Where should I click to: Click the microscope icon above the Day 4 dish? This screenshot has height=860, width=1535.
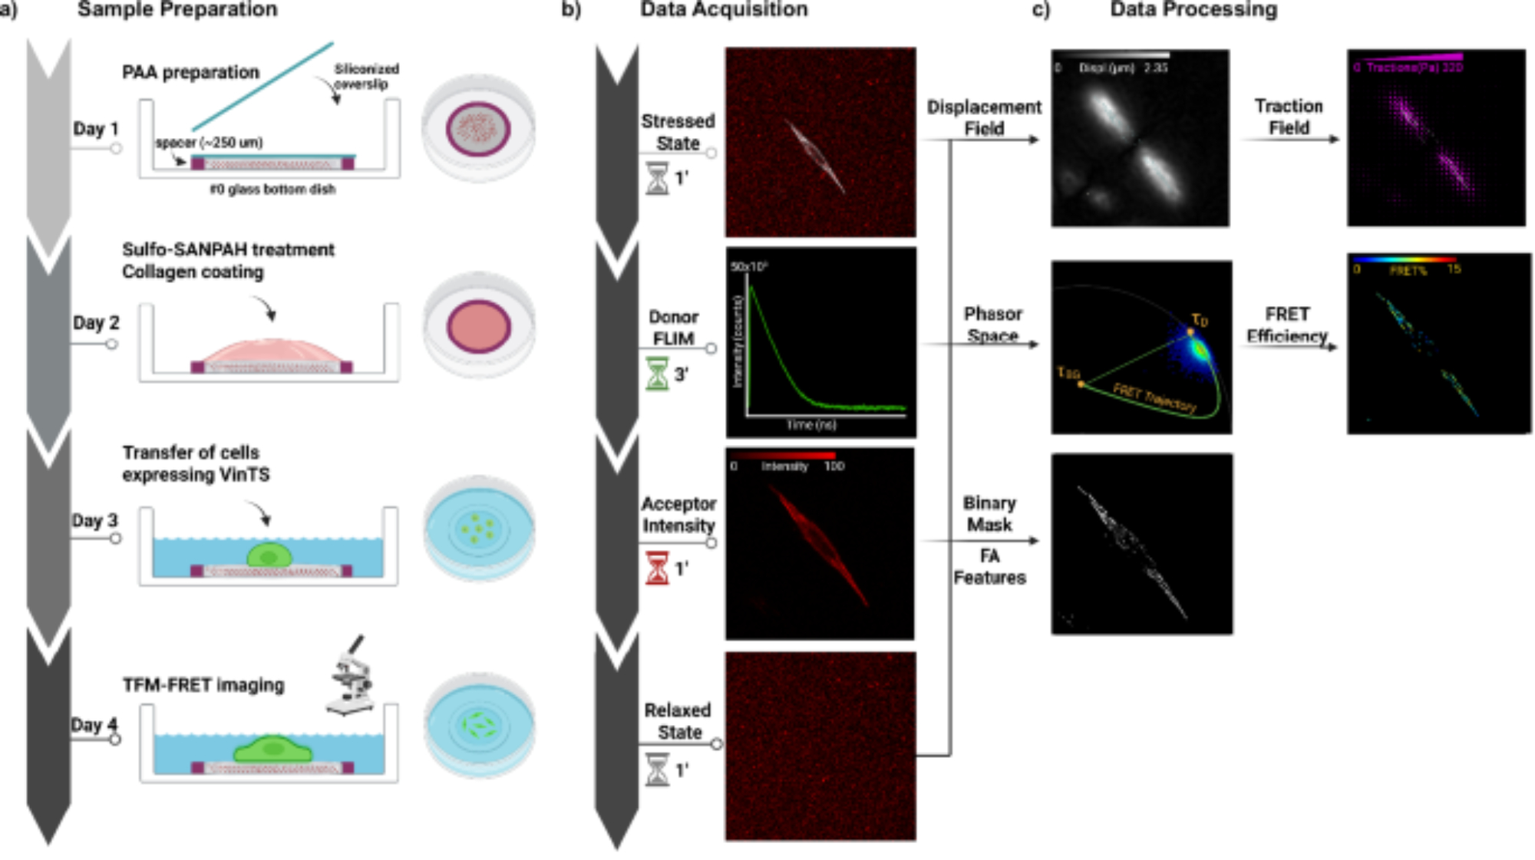coord(352,675)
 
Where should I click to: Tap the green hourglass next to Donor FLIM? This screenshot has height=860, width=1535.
coord(657,374)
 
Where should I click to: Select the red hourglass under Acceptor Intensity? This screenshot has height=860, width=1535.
coord(657,568)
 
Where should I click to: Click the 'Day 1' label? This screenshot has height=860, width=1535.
coord(95,129)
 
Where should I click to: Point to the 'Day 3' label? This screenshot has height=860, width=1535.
coord(94,520)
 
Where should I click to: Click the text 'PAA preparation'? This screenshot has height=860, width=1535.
coord(190,72)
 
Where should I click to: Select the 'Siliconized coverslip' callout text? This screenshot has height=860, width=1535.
coord(366,76)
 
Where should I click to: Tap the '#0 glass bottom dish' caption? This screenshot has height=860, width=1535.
coord(272,189)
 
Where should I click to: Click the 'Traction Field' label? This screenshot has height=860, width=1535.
coord(1289,117)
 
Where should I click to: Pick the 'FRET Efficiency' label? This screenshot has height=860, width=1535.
coord(1287,325)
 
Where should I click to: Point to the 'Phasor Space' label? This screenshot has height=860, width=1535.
coord(992,325)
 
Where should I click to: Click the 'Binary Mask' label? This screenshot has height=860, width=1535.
coord(989,513)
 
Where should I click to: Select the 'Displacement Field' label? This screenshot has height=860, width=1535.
coord(984,117)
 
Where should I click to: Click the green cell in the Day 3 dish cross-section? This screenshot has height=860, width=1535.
coord(269,555)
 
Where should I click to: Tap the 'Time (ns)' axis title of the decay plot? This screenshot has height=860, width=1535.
coord(810,424)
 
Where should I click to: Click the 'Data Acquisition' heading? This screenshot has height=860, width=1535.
coord(724,9)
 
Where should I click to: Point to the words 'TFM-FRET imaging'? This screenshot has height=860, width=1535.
coord(203,684)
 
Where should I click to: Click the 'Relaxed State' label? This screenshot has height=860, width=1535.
coord(678,721)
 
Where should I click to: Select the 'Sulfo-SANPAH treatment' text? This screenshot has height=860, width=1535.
coord(228,249)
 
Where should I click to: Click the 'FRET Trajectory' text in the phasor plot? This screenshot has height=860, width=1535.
coord(1154,397)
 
